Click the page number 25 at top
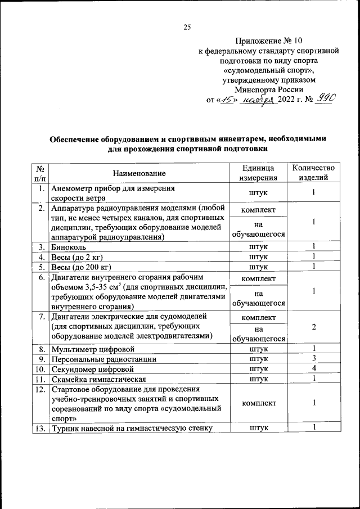(188, 26)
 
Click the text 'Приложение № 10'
(268, 40)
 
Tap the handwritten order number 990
(325, 100)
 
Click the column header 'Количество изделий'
(313, 173)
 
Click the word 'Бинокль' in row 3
(67, 247)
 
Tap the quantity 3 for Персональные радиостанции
(313, 358)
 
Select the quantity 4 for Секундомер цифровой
(313, 368)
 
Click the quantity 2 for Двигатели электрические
(313, 327)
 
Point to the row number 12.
(40, 389)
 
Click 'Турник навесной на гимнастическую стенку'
(131, 429)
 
